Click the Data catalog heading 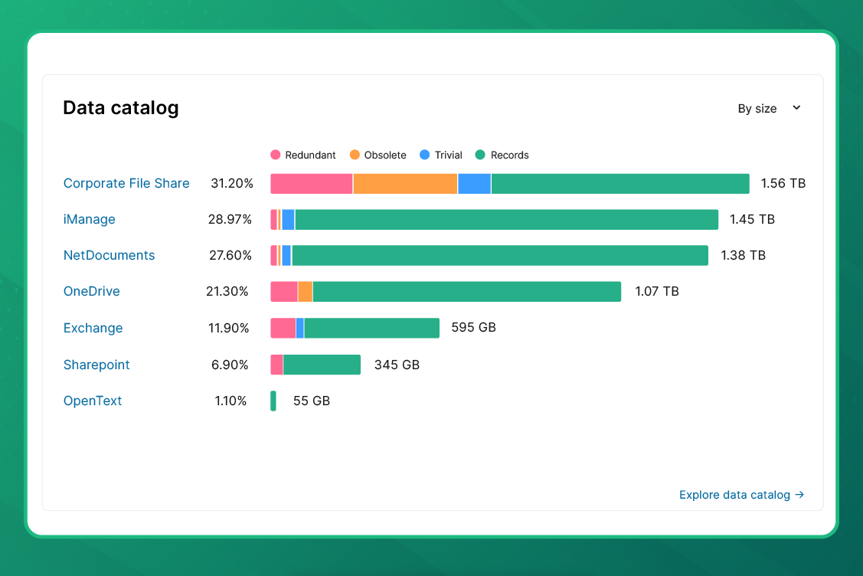[121, 108]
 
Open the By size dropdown [769, 109]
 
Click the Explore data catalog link [740, 495]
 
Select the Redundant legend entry [303, 155]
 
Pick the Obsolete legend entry [378, 155]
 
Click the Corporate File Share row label [126, 183]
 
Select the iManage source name [89, 219]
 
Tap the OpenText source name [93, 401]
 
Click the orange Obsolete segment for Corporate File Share [405, 184]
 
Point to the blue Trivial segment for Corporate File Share [474, 184]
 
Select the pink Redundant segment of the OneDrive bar [283, 292]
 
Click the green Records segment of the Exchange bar [371, 328]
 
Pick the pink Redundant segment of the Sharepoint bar [276, 365]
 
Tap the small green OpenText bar [273, 401]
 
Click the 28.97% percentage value [230, 219]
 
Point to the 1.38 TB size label [743, 255]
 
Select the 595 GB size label [473, 327]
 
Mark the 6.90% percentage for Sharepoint [230, 365]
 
